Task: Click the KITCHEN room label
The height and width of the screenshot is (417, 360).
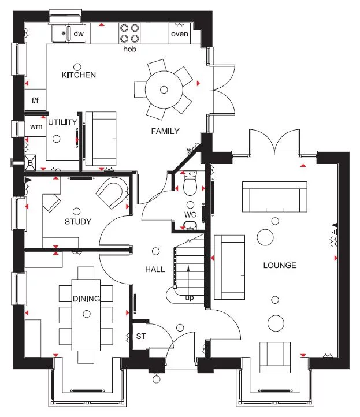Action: [79, 75]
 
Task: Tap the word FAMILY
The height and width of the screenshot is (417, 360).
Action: [165, 131]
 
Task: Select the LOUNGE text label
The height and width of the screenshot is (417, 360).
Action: [280, 266]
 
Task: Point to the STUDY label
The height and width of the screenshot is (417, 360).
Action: [78, 221]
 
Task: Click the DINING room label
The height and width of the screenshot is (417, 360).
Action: [86, 299]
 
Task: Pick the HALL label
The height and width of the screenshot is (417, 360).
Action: [155, 269]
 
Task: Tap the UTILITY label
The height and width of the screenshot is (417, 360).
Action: [62, 122]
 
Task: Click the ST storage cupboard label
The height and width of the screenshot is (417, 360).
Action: [140, 336]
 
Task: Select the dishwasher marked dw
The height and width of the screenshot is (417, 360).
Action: [79, 34]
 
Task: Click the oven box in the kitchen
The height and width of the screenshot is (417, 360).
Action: [180, 34]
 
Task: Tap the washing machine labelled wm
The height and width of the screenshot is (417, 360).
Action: [36, 126]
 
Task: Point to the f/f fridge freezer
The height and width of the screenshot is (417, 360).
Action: [35, 100]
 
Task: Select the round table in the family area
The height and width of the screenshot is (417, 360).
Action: [164, 90]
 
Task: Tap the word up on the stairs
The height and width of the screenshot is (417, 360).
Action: [189, 298]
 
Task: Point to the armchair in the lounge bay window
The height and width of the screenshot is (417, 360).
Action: [275, 355]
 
